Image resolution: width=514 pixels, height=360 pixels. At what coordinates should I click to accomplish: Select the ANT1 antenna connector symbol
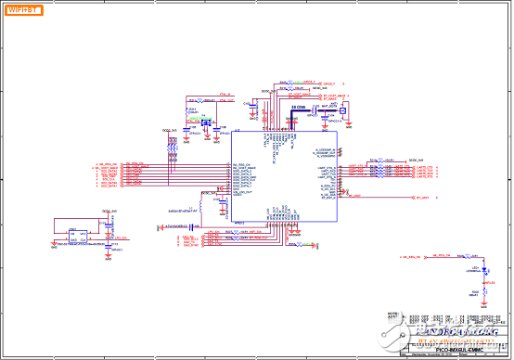[x=345, y=112]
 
